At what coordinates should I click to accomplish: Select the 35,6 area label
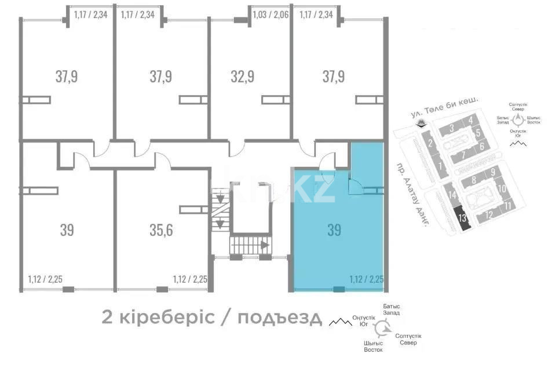pos(160,230)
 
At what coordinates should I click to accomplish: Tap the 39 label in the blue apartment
pos(334,230)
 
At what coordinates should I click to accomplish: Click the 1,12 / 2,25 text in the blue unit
pos(367,279)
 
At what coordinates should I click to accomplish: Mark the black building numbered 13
pos(462,219)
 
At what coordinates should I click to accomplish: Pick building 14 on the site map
pos(452,195)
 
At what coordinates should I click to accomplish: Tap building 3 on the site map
pos(450,129)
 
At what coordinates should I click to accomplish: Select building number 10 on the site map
pos(502,188)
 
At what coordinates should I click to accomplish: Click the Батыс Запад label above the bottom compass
pos(392,309)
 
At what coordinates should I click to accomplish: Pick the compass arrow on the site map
pos(518,120)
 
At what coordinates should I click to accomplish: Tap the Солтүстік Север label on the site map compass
pos(518,108)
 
